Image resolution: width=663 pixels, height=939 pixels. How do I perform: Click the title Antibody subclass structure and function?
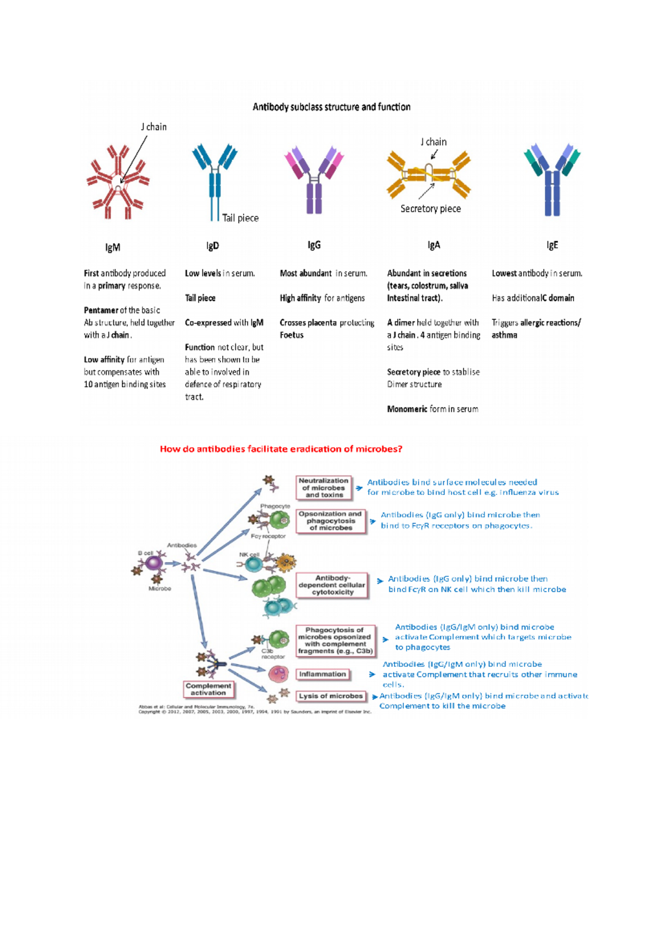(331, 107)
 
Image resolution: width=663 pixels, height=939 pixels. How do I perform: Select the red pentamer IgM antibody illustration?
(118, 182)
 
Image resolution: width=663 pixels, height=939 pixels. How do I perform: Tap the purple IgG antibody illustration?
(314, 179)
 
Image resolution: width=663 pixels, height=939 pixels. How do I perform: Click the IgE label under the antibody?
(552, 245)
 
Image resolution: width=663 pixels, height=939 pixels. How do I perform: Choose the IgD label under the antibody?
(213, 246)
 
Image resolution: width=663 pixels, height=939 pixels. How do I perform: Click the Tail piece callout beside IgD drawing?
(240, 218)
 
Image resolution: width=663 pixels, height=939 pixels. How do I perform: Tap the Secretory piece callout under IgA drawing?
(430, 208)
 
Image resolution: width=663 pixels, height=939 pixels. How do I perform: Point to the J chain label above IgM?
(154, 127)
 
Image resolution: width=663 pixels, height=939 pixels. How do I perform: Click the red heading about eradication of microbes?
(281, 449)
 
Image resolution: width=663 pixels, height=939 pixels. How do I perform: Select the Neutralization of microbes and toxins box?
(324, 488)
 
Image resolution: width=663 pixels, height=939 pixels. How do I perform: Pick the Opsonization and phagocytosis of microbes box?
(330, 521)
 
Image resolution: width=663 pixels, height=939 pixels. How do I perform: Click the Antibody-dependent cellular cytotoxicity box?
(333, 585)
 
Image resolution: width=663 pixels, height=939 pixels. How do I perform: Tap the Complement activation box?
(208, 689)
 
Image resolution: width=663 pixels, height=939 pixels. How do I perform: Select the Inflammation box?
(323, 674)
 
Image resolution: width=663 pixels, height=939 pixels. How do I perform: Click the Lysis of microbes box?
(331, 696)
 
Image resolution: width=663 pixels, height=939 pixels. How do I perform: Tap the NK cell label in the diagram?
(249, 555)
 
